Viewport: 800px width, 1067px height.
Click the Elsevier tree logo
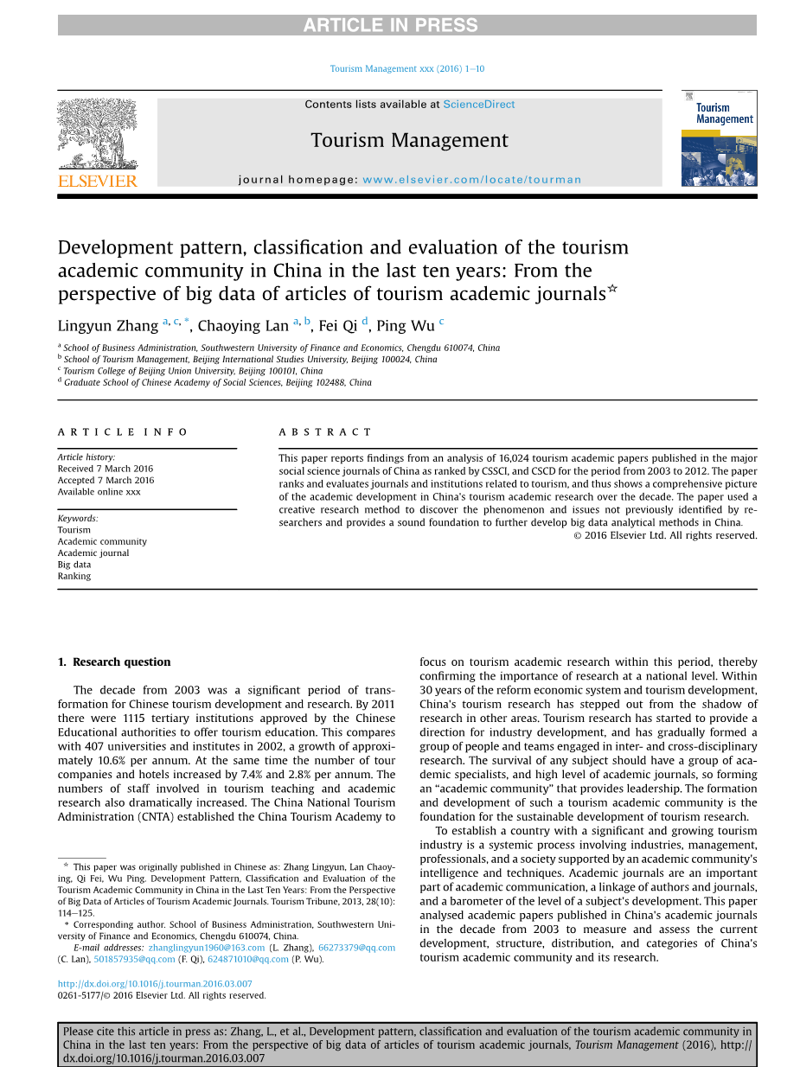(x=97, y=142)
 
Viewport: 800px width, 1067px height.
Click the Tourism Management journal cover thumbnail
(x=719, y=138)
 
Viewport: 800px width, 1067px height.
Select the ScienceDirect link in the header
(x=478, y=105)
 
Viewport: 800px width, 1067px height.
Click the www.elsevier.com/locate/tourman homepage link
(x=471, y=180)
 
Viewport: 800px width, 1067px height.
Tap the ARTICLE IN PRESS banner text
(x=390, y=25)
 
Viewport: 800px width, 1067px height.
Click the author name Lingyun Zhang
(x=108, y=326)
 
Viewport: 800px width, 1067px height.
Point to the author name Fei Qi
(x=337, y=326)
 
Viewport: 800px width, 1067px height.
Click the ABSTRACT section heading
(x=325, y=432)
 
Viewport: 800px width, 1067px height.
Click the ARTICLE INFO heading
(x=123, y=432)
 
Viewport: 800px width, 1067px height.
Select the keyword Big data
(x=74, y=565)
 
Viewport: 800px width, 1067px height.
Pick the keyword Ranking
(x=74, y=576)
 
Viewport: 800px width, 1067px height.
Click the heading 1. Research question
(x=114, y=662)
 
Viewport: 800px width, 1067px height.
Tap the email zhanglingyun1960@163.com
(x=207, y=948)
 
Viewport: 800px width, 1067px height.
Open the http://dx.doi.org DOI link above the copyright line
(x=155, y=984)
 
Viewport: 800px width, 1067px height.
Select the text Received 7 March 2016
(x=106, y=469)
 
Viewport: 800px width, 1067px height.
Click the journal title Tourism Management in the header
(x=409, y=140)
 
